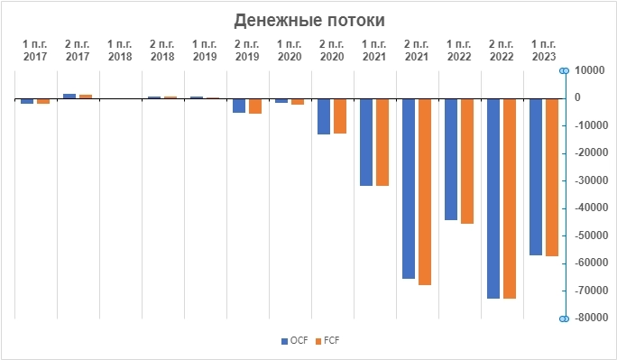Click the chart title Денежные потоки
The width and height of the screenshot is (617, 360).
click(308, 20)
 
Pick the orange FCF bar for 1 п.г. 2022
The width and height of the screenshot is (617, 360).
click(467, 161)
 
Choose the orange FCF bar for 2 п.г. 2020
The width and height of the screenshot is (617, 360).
click(340, 115)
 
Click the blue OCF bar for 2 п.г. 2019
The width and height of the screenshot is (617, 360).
click(239, 106)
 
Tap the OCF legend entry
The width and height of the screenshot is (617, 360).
click(295, 340)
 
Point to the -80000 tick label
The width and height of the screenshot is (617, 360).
click(589, 318)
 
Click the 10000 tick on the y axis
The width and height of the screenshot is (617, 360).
click(591, 70)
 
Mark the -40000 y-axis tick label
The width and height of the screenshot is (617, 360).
click(589, 208)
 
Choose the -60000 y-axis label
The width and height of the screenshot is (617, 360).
click(589, 263)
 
